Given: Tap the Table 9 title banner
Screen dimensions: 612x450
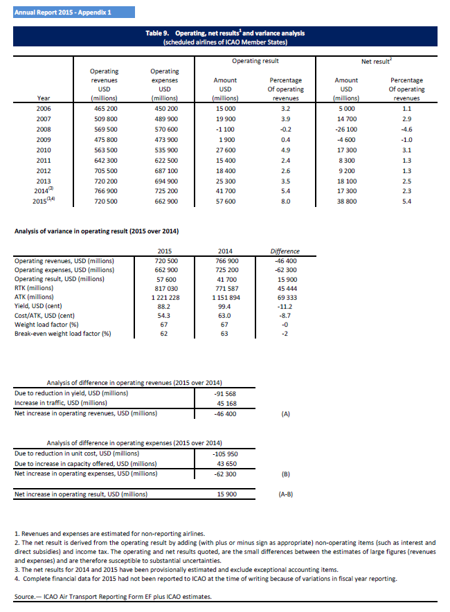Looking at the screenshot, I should pos(226,37).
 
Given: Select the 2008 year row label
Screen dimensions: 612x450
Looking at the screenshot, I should pos(43,129).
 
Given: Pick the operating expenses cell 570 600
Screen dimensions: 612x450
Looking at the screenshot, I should pos(164,129).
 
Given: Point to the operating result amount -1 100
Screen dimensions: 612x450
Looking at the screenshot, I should pos(225,129).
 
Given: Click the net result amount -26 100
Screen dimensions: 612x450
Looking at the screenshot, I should pos(346,129).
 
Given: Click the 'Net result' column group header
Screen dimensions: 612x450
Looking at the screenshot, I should pos(376,61).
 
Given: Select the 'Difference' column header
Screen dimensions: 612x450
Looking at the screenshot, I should pos(285,251).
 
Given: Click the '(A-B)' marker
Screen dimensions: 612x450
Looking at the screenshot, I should pos(285,495).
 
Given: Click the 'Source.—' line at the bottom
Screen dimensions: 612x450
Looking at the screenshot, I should pos(111,596).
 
